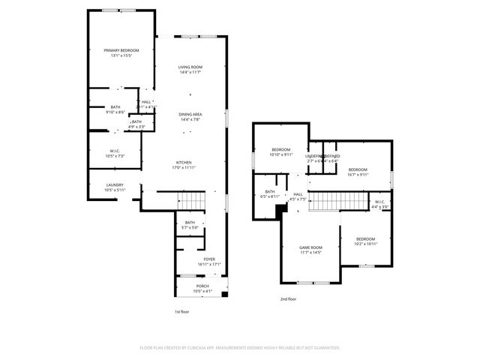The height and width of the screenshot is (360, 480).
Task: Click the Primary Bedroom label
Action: (x=121, y=52)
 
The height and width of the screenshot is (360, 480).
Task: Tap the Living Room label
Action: (x=190, y=69)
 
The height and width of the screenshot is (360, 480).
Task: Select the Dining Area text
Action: (x=190, y=116)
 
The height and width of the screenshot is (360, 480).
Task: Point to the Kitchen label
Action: (x=184, y=165)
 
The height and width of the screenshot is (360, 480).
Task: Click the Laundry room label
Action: (x=115, y=187)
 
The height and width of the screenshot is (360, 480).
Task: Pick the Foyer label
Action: (x=209, y=261)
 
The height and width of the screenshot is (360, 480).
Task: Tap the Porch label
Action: (x=202, y=288)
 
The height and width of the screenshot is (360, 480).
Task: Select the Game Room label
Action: (x=310, y=250)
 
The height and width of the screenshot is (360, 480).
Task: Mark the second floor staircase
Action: (x=337, y=201)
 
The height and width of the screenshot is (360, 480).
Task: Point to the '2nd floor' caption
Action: (x=288, y=298)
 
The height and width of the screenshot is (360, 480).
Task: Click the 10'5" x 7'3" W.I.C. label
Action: (x=106, y=153)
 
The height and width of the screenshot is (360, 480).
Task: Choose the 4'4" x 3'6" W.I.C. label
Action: (x=379, y=203)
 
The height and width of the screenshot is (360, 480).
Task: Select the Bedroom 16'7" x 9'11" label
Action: (x=358, y=172)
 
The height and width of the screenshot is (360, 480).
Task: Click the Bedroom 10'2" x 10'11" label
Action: (x=366, y=241)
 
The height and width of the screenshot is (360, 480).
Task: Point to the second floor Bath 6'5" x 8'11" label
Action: (x=269, y=193)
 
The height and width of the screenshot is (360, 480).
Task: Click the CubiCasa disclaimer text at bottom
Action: (x=240, y=348)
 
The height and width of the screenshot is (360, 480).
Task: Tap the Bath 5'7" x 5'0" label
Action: (x=190, y=224)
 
